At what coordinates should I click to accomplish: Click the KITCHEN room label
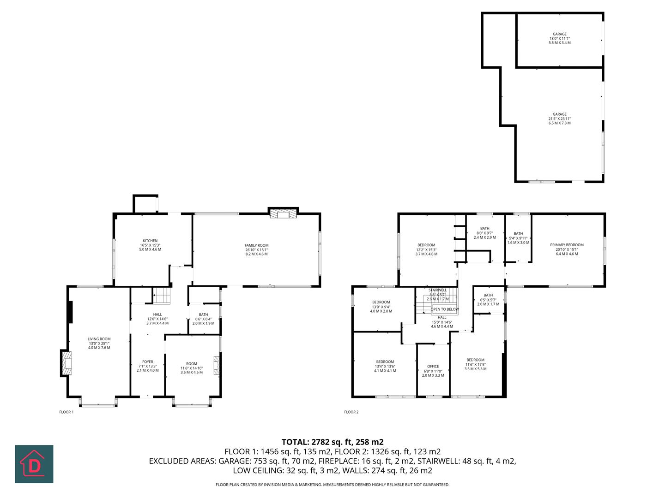150,241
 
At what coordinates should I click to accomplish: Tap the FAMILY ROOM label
256,245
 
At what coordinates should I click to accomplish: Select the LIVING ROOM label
99,339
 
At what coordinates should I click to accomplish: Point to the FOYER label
147,362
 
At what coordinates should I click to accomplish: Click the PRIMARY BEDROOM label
567,245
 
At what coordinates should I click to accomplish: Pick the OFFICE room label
433,367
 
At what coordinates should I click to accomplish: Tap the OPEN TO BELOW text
445,309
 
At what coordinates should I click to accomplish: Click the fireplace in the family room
283,214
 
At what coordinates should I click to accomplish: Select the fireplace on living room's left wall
66,363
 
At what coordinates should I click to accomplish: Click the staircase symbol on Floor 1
162,295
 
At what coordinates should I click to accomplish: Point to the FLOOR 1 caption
66,412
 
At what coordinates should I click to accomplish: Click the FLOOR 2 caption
351,412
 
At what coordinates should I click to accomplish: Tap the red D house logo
34,464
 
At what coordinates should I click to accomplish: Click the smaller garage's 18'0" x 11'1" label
560,38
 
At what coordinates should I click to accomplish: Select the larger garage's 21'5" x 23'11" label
560,119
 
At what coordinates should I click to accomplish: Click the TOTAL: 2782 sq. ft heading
332,441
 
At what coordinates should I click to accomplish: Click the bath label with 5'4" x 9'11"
518,238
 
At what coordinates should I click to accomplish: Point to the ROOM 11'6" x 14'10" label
191,368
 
